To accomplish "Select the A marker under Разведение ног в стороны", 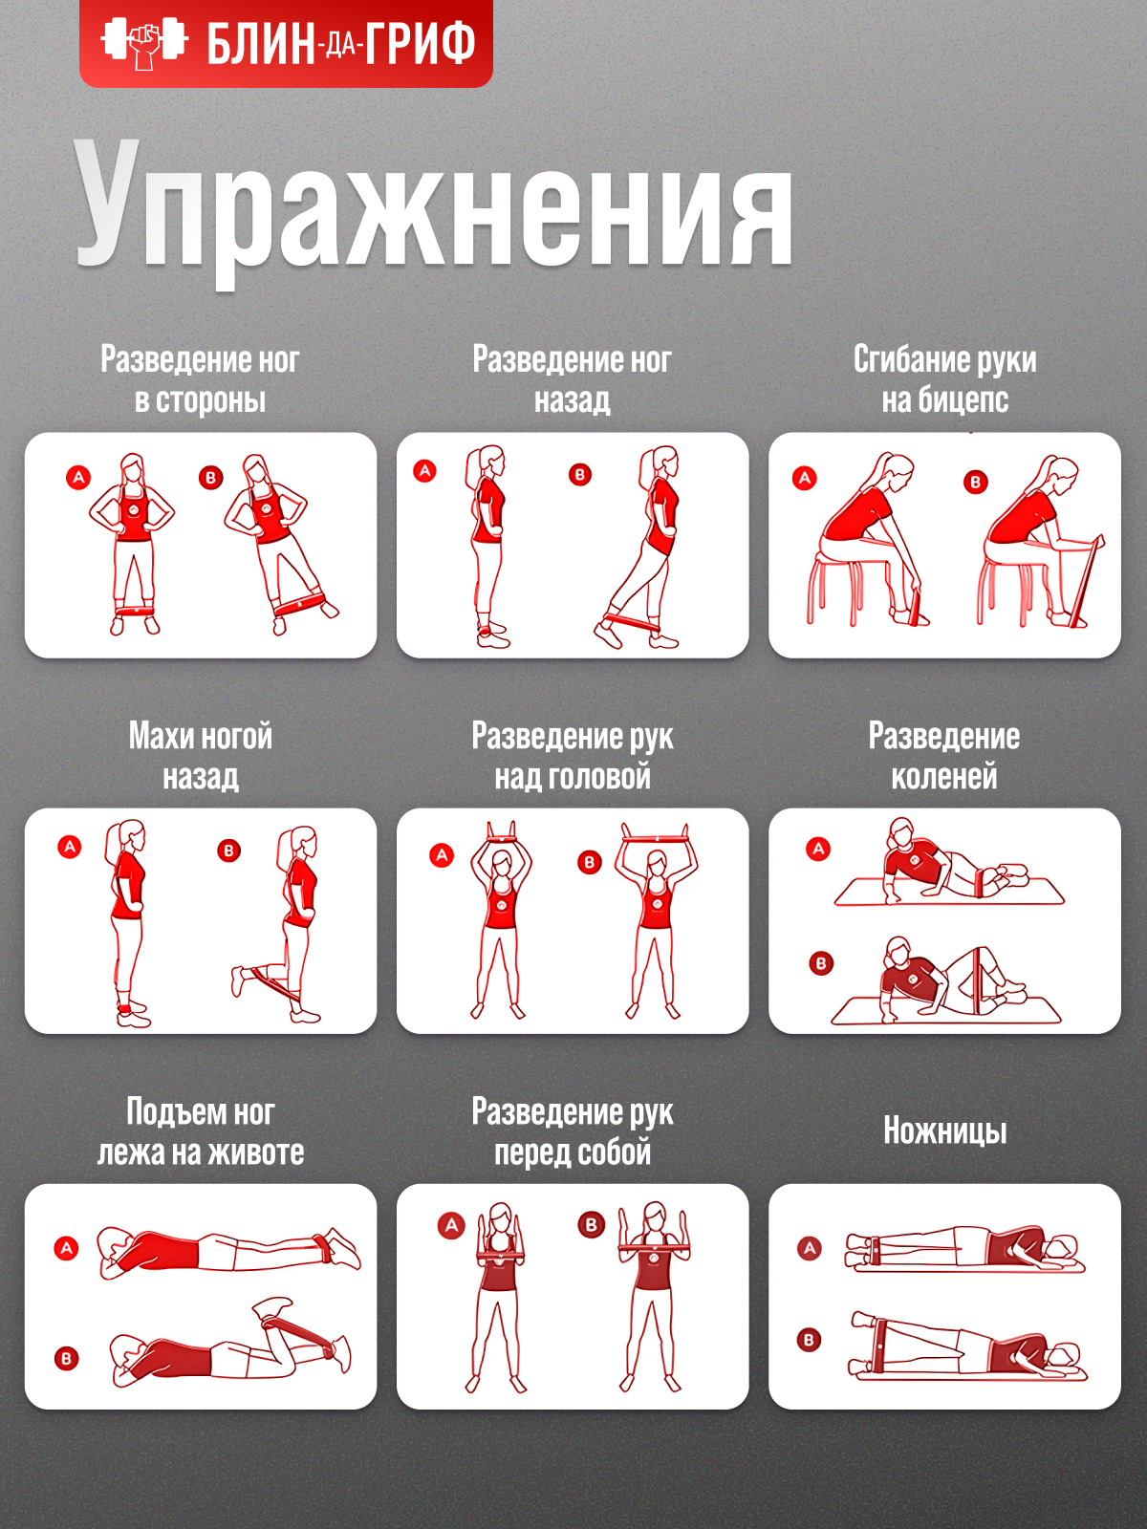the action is (78, 478).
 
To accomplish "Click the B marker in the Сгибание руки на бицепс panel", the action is (976, 482).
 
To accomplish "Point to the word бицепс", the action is (963, 400).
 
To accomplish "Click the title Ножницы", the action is (945, 1131).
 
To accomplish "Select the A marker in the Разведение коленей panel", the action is (818, 850).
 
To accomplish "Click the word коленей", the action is (944, 777).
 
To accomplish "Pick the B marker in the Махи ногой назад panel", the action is (229, 851).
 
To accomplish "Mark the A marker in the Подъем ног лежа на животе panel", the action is (67, 1248).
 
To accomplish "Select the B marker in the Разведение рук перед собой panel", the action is (592, 1224).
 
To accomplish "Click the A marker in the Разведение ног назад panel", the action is (424, 471).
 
